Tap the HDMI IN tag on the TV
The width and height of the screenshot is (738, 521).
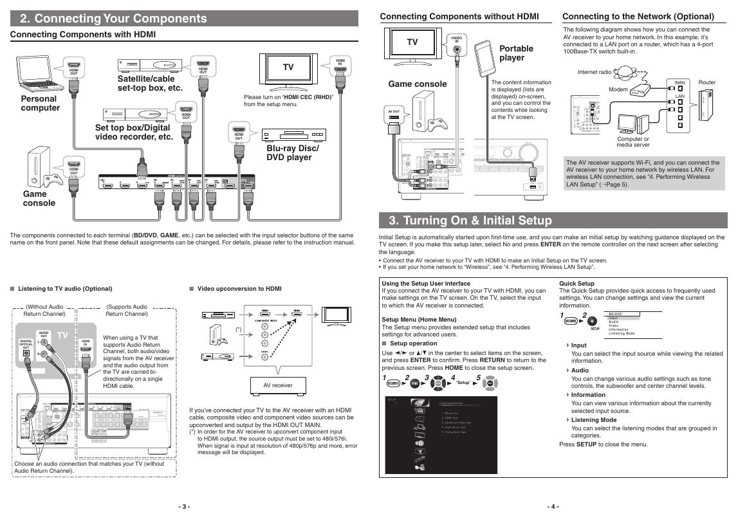(340, 63)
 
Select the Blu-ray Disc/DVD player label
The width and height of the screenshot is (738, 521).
(292, 152)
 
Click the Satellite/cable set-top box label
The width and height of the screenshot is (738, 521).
(149, 83)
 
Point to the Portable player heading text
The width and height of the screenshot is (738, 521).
(516, 53)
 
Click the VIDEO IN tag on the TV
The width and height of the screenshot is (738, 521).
(456, 40)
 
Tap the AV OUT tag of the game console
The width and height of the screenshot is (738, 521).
(393, 111)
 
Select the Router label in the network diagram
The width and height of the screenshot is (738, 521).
(706, 82)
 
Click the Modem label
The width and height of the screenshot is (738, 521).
(618, 89)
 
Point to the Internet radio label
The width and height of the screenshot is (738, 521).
(595, 72)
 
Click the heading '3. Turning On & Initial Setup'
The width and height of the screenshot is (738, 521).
(470, 221)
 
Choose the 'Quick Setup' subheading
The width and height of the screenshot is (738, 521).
(577, 283)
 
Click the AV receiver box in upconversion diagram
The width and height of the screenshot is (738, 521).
(277, 385)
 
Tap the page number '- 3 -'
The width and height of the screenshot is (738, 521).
(184, 506)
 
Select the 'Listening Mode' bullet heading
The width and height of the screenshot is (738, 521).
(593, 420)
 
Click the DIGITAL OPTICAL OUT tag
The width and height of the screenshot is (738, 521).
(26, 344)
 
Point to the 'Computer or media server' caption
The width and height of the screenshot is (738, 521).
(632, 142)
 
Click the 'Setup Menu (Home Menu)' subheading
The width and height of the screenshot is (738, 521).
(419, 319)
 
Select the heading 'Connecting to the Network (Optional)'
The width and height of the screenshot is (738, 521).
(638, 16)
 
